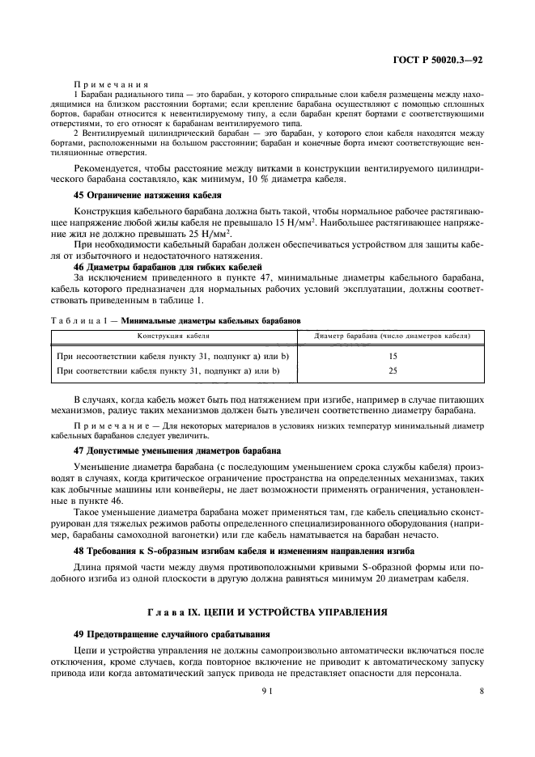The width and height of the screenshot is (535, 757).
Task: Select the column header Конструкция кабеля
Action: (x=173, y=335)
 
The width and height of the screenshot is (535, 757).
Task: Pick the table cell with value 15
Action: (x=393, y=356)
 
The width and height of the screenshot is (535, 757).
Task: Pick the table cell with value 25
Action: (x=393, y=370)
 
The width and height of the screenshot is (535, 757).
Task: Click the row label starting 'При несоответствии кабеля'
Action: (x=172, y=356)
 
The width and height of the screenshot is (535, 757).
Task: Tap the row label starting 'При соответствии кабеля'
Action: (x=167, y=370)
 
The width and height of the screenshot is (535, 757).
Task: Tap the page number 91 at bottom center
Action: (x=267, y=691)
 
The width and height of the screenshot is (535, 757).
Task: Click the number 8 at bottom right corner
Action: (x=481, y=691)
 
